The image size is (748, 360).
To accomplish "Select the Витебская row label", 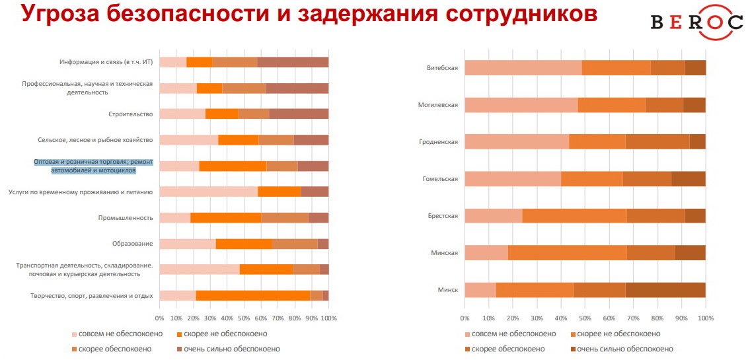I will (x=442, y=68).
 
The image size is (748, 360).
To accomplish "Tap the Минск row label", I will (x=448, y=290).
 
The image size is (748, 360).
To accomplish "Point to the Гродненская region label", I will (x=438, y=142).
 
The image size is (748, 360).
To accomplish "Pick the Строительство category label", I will (x=131, y=114).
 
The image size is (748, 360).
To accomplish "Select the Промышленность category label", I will (x=126, y=218).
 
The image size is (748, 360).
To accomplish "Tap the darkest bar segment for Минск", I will (x=665, y=290).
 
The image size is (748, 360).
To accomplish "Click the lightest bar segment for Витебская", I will (x=523, y=68).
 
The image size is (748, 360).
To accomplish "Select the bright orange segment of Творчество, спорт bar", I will (x=252, y=296).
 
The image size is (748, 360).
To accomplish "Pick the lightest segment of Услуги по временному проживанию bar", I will (x=208, y=192).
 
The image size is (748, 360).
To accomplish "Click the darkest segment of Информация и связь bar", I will (x=293, y=62).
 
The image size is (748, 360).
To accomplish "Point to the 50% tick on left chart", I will (x=244, y=318).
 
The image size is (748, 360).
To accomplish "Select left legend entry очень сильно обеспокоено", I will (x=227, y=349).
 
